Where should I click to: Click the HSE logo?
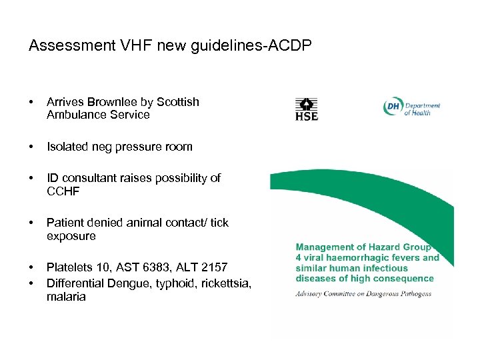[307, 109]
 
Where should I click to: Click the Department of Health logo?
[411, 108]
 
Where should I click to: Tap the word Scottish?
[178, 102]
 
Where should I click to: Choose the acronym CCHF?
[63, 191]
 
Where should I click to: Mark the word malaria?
[66, 297]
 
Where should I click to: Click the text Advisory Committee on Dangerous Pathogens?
[363, 293]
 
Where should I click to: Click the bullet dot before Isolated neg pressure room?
[32, 147]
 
